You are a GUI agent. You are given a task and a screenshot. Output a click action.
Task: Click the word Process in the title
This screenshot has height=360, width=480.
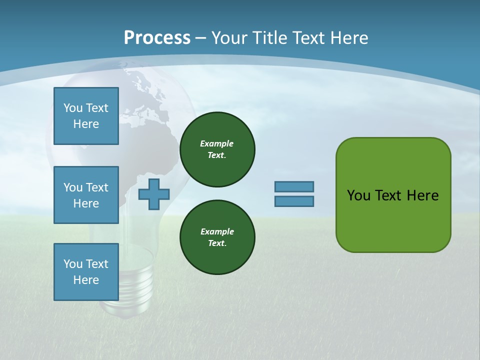[x=157, y=37]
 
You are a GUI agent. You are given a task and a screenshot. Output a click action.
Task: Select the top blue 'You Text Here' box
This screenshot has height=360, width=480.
[x=86, y=116]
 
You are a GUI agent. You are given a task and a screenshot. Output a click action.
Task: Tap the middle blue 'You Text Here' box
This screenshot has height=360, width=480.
[x=86, y=195]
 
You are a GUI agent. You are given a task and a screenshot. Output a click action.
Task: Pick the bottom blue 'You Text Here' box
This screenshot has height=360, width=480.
[x=86, y=272]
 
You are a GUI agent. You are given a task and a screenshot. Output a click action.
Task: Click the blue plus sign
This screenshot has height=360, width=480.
[x=154, y=194]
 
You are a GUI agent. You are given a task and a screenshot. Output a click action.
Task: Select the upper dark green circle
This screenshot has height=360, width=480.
[x=217, y=149]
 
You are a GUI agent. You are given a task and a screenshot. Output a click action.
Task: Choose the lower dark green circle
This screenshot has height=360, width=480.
[x=217, y=237]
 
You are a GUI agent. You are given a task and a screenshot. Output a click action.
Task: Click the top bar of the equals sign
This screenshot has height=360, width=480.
[x=294, y=186]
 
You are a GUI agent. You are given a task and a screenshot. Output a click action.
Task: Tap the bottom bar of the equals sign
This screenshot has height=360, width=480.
[x=294, y=201]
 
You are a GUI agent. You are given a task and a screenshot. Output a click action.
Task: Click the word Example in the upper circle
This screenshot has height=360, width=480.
[x=217, y=143]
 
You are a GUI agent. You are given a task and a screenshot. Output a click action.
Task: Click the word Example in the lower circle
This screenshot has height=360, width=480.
[x=217, y=231]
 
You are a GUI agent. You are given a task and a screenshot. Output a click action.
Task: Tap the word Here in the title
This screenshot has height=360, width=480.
[x=350, y=37]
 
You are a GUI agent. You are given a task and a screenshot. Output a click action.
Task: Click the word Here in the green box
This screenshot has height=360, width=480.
[x=422, y=195]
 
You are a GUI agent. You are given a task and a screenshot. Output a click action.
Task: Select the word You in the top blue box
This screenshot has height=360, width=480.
[x=73, y=108]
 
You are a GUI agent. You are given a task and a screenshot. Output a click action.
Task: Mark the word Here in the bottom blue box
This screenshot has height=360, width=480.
[x=86, y=280]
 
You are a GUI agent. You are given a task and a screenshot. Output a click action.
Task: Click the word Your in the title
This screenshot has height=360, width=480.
[x=230, y=37]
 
